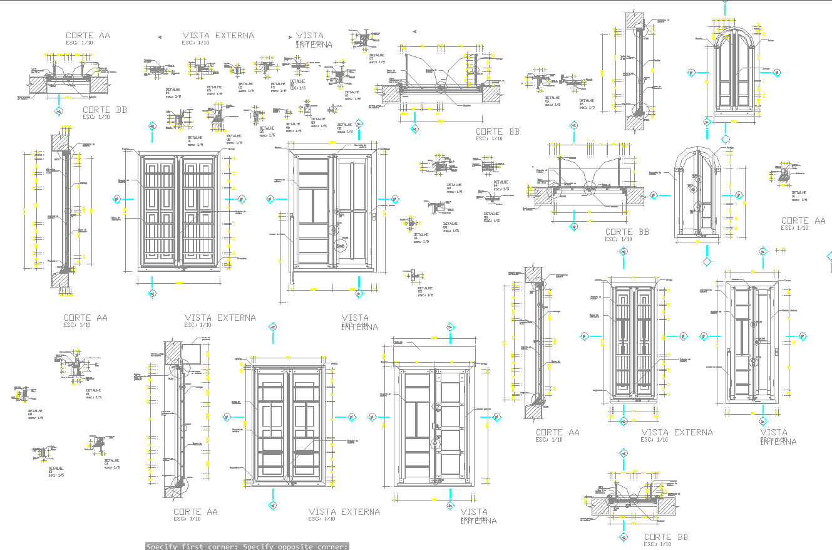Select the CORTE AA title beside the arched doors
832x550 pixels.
[803, 221]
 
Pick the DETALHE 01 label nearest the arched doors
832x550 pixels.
[799, 194]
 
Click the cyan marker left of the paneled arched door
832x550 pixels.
[691, 73]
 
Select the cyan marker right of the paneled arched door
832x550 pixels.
[777, 73]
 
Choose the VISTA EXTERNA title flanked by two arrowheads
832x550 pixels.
[218, 36]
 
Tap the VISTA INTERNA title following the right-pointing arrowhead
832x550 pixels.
[311, 39]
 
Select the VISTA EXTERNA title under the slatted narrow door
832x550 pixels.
[677, 432]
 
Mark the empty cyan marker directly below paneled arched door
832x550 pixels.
[726, 139]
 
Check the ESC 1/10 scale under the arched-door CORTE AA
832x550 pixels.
[794, 228]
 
